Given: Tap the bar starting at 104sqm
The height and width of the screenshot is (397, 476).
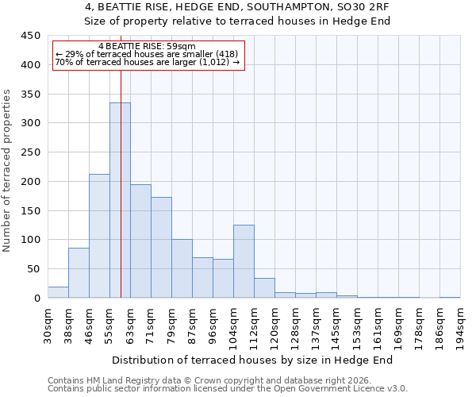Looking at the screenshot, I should pyautogui.click(x=244, y=261).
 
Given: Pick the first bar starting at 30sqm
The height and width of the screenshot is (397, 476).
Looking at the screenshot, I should pyautogui.click(x=58, y=292).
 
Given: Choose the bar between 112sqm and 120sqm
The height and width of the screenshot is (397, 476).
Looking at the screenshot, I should pyautogui.click(x=264, y=288).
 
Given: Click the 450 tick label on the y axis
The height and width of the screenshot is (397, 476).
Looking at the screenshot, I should pyautogui.click(x=30, y=36).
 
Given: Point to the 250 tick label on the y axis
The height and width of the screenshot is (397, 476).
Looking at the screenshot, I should pyautogui.click(x=30, y=152).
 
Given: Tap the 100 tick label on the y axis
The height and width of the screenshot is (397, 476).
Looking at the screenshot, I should pyautogui.click(x=30, y=240).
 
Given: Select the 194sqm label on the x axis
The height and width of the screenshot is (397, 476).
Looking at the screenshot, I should pyautogui.click(x=460, y=326).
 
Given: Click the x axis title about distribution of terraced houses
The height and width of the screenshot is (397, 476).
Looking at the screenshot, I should pyautogui.click(x=252, y=360).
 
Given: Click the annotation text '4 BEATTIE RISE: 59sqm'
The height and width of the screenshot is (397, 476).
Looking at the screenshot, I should pyautogui.click(x=148, y=47).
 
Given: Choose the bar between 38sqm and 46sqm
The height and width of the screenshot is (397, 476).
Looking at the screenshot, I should pyautogui.click(x=79, y=273).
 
